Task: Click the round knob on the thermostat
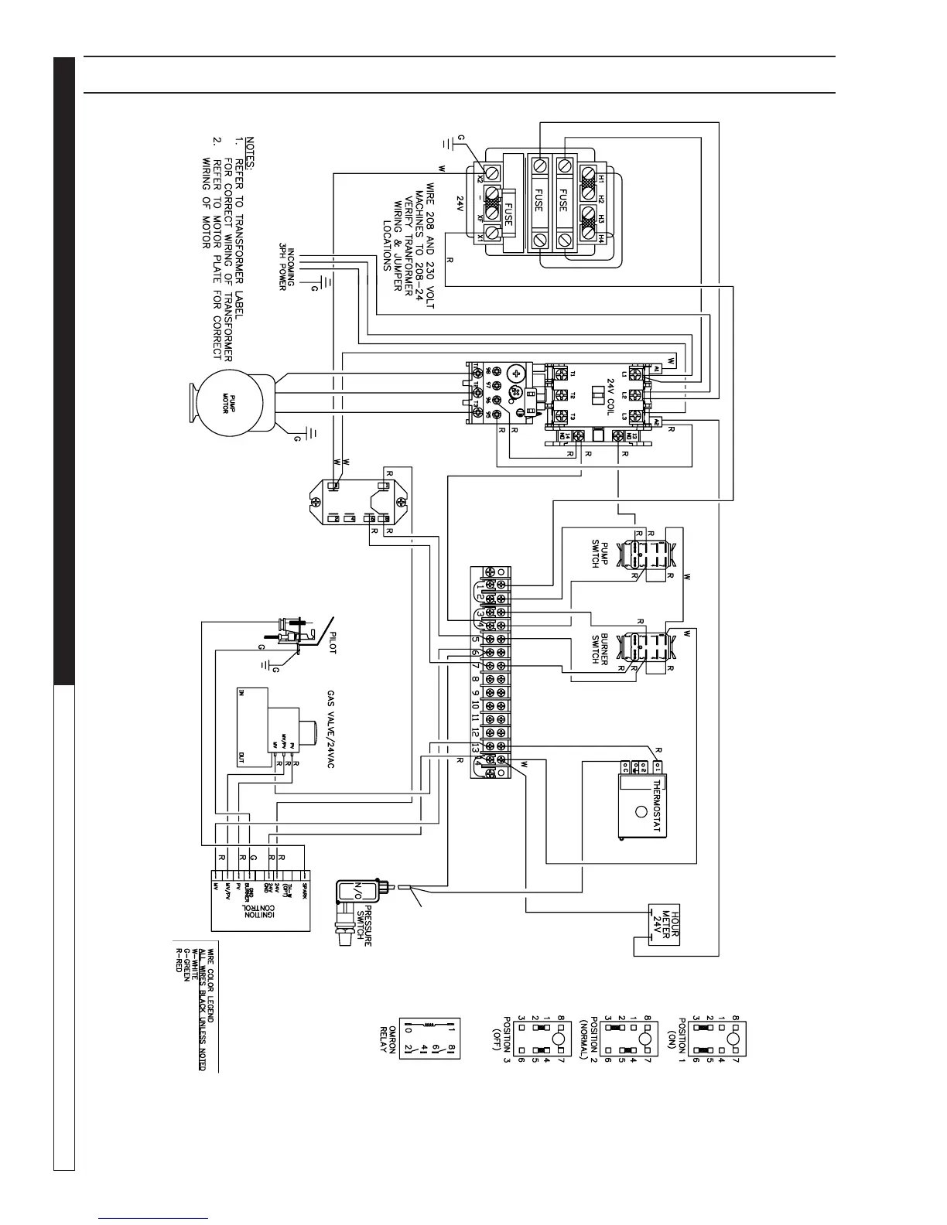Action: point(641,812)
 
